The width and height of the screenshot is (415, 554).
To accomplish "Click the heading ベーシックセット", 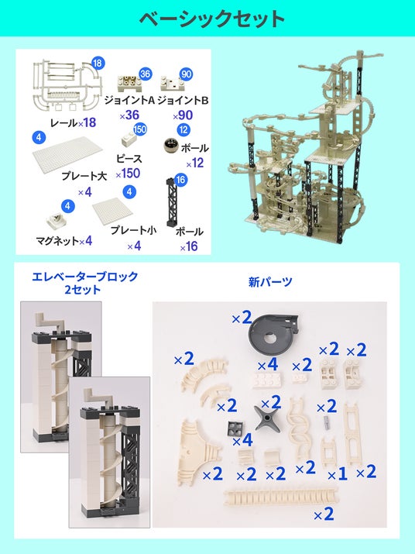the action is click(x=212, y=19).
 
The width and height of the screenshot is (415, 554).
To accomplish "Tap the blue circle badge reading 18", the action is click(x=98, y=63).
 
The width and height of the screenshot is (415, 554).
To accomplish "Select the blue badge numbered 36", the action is click(x=145, y=74).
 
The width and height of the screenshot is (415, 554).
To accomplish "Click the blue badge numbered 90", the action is click(x=186, y=74).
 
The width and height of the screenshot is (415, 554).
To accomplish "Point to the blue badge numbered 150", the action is click(x=140, y=129).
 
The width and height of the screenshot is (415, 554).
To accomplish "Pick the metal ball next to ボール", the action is click(x=170, y=146).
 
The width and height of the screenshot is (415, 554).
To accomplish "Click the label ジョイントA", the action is click(x=129, y=101).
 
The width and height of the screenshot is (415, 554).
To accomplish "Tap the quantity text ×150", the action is click(x=128, y=174).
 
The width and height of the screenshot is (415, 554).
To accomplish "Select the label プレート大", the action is click(x=84, y=176).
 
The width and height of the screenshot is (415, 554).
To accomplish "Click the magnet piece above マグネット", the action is click(x=57, y=222).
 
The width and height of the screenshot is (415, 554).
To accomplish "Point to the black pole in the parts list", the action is click(x=173, y=202).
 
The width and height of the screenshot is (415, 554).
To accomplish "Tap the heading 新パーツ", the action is click(x=270, y=281).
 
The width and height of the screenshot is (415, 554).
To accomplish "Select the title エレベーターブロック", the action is click(x=84, y=277).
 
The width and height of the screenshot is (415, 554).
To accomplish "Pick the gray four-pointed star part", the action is click(x=267, y=418).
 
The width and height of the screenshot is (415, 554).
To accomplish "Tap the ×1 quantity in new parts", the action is click(x=338, y=474).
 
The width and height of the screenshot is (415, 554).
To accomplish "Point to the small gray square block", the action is click(x=234, y=428).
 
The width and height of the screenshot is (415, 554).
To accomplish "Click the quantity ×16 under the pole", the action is click(x=189, y=246).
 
